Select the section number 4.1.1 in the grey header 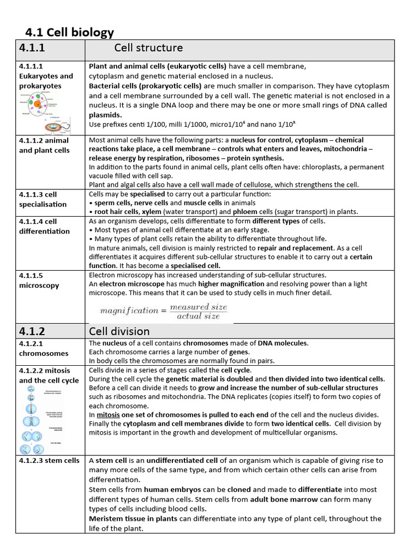[32, 49]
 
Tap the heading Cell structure [148, 48]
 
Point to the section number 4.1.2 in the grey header [32, 331]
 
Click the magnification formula [163, 311]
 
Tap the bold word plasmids [105, 115]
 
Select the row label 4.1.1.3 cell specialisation [43, 199]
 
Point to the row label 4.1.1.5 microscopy [39, 280]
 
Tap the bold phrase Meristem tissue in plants [133, 519]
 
